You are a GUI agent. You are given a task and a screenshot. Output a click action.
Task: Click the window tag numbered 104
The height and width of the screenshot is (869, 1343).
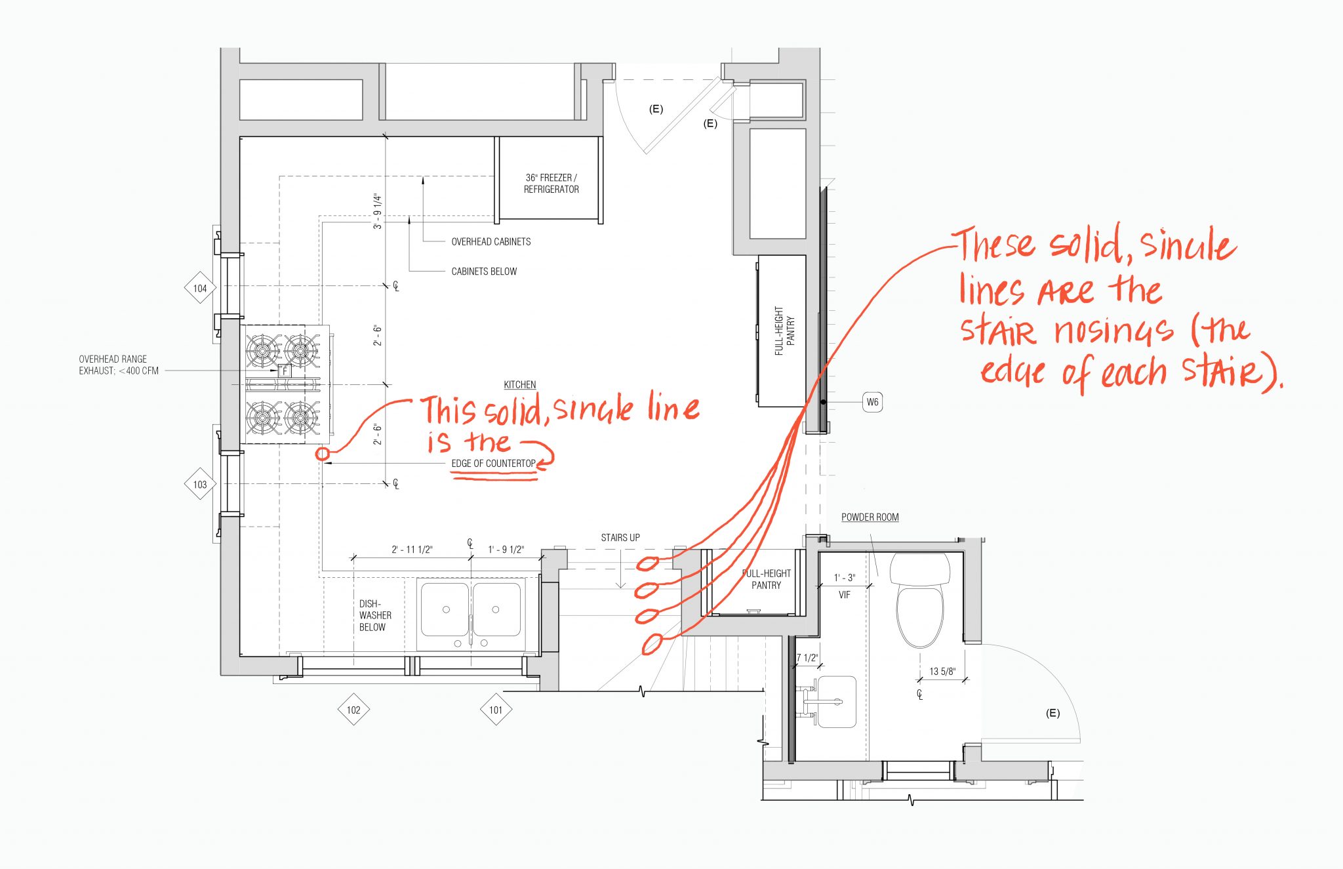[200, 288]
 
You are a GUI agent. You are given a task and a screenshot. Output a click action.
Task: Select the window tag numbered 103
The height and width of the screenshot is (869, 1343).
[200, 485]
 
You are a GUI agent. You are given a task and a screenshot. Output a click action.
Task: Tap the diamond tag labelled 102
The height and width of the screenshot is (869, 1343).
[353, 710]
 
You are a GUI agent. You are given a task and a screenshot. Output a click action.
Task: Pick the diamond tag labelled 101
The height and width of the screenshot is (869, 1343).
[496, 710]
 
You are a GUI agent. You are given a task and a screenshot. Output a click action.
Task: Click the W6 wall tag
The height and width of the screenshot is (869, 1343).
[872, 402]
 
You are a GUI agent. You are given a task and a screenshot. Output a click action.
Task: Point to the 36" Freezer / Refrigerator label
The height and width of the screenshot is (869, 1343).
[551, 184]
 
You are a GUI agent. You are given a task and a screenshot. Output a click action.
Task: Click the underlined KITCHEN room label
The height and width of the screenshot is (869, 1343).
[519, 385]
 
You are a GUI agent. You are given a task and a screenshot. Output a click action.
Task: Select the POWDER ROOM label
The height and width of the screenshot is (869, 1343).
[870, 517]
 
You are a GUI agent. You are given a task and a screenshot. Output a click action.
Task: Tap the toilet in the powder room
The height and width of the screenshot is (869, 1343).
[919, 603]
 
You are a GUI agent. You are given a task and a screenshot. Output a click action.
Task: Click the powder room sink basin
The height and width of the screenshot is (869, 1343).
[837, 702]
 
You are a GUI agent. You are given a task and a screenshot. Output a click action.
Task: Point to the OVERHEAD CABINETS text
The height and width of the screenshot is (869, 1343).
[491, 242]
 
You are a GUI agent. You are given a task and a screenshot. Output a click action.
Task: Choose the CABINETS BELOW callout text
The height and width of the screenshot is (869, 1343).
[484, 272]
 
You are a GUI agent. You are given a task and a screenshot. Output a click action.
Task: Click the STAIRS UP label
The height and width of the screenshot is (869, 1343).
[620, 538]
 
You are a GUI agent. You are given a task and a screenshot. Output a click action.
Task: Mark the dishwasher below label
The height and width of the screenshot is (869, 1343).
[374, 615]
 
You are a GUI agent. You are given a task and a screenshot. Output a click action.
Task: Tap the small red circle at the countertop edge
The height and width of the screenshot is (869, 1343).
[322, 453]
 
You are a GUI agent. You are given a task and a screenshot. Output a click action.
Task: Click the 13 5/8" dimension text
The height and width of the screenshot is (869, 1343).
[942, 672]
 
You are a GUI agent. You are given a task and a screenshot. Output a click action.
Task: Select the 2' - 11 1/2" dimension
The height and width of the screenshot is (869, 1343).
[412, 550]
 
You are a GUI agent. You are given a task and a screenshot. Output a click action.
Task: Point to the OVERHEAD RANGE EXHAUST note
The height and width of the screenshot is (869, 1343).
[118, 365]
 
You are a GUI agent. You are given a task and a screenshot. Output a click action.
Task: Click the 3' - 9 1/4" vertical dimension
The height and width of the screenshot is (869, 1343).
[378, 211]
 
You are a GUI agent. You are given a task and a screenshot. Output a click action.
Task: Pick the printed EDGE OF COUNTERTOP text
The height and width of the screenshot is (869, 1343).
[493, 464]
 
